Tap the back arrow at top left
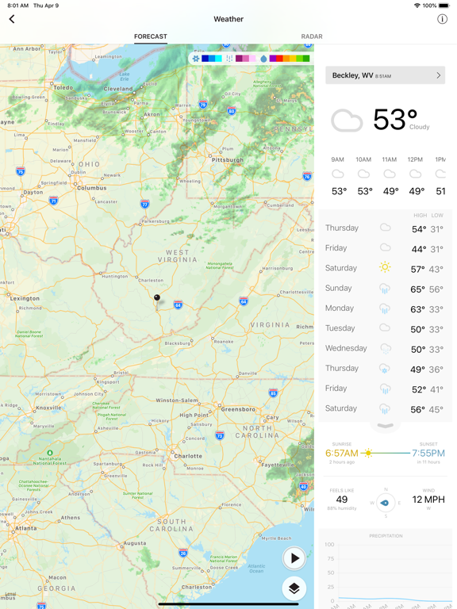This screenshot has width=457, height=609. (x=12, y=19)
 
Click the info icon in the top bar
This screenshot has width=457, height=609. (x=442, y=19)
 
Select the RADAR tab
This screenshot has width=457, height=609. (x=312, y=36)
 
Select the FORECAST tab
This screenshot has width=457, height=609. (x=150, y=36)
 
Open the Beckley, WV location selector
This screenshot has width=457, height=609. (x=385, y=75)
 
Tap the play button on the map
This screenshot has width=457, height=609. (x=294, y=558)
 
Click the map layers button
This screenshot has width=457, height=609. (x=294, y=588)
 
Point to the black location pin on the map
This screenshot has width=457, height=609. (x=157, y=298)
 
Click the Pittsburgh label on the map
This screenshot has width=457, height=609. (x=228, y=159)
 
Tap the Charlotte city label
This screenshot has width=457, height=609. (x=189, y=456)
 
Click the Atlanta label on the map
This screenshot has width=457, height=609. (x=25, y=528)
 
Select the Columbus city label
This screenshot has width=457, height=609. (x=91, y=188)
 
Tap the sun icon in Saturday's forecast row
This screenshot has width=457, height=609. (x=385, y=268)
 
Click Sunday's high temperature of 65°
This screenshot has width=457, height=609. (x=418, y=289)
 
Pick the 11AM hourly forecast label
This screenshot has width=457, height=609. (x=389, y=159)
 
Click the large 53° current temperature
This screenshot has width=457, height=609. (x=394, y=120)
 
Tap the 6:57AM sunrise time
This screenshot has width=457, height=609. (x=341, y=454)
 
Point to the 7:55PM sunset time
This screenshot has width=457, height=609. (x=428, y=454)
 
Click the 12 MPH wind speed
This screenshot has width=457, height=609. (x=428, y=500)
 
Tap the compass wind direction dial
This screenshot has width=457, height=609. (x=386, y=503)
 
